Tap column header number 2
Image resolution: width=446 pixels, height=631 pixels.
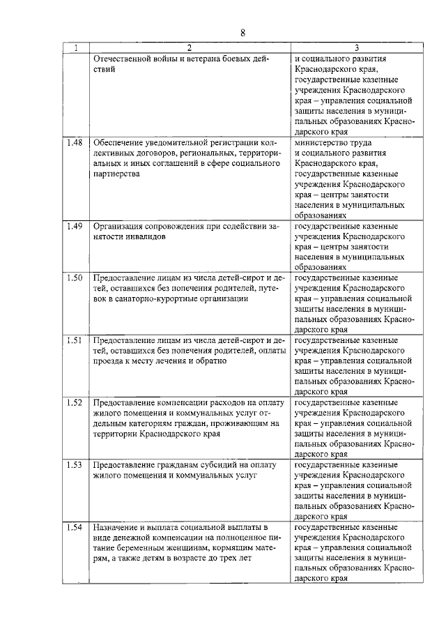(189, 48)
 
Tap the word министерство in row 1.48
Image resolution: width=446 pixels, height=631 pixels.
(321, 143)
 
